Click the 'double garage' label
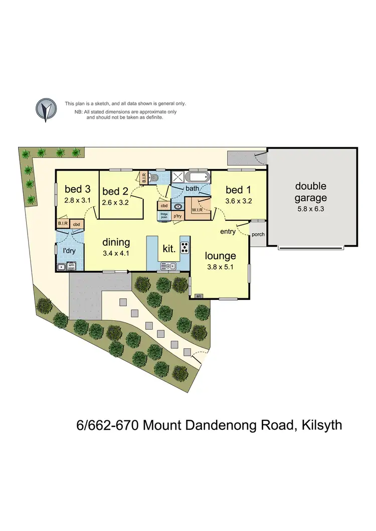click(310, 192)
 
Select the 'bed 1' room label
click(239, 190)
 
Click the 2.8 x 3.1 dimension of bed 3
click(78, 200)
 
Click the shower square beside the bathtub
click(178, 177)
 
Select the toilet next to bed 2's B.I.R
click(155, 178)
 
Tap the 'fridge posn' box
click(164, 216)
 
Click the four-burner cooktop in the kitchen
click(184, 247)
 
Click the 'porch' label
click(258, 234)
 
